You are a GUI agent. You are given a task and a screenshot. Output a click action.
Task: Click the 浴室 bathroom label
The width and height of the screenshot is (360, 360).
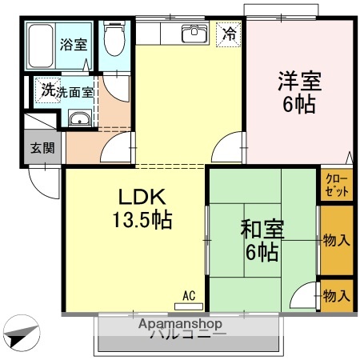(74, 44)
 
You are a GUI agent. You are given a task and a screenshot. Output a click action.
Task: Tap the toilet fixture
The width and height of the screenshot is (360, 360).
(114, 38)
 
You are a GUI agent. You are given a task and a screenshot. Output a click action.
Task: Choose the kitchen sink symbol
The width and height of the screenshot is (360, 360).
(193, 34)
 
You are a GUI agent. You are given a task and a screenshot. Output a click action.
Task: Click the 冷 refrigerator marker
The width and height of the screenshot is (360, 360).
(229, 34)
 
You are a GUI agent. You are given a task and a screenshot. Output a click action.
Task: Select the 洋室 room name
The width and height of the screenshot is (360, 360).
(299, 82)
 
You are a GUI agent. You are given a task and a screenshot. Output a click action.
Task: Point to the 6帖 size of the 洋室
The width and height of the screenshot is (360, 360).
(299, 104)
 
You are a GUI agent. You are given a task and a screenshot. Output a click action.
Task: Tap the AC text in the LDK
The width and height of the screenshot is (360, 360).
(189, 295)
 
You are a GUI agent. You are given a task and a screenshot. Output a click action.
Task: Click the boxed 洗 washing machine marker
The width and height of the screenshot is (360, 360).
(47, 91)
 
